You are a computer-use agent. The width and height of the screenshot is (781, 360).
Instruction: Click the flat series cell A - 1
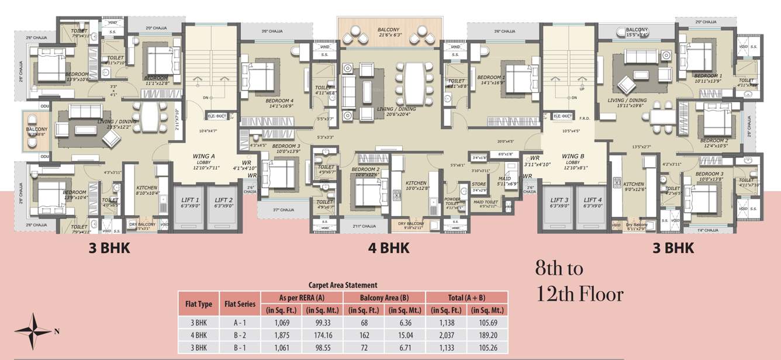[240, 322]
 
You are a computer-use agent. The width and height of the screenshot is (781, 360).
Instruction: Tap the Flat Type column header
[199, 304]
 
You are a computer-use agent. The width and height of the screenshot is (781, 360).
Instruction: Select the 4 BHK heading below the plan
[389, 248]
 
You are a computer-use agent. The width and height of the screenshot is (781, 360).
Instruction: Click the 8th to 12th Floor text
[579, 281]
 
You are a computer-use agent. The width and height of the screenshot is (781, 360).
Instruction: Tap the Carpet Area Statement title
[343, 285]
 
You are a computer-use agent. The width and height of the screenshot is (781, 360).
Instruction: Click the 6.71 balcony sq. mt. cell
[405, 347]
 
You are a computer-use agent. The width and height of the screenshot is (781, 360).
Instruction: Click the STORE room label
[479, 185]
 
